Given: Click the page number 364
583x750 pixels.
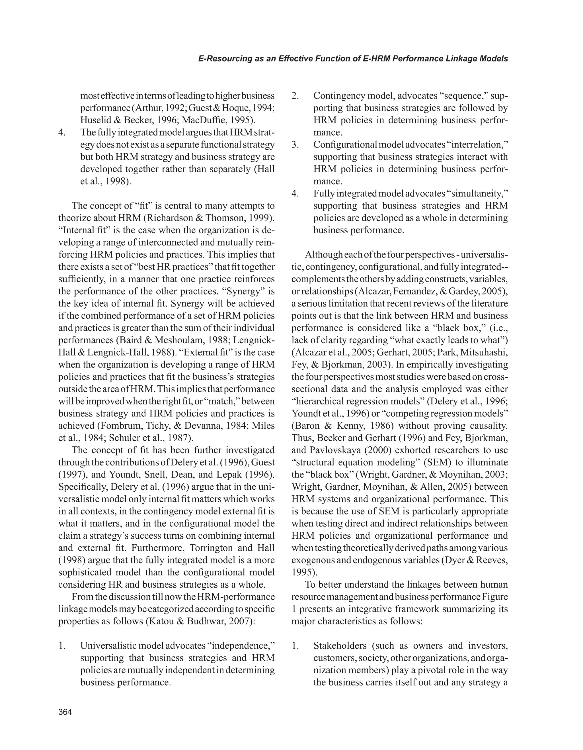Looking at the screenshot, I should [x=65, y=712].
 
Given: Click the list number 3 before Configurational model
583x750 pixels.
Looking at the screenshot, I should [x=295, y=145].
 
